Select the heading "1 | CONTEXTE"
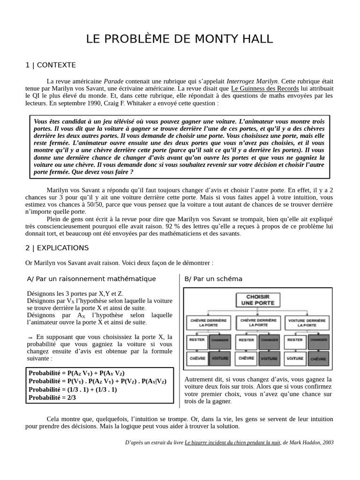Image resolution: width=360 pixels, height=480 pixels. pos(51,65)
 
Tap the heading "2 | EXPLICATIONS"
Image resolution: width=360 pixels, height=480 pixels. pos(57,247)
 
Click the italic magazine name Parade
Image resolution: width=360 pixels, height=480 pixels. pos(113,81)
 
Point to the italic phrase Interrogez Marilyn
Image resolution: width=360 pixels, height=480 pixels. pos(252,81)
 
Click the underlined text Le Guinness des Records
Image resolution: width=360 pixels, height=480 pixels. pos(265,88)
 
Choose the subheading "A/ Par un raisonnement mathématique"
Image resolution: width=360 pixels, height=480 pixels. pos(91,279)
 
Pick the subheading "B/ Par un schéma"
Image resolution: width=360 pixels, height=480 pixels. pos(213,279)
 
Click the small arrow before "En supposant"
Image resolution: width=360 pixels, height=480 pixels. pos(30,337)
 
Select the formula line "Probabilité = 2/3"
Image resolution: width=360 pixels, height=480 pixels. pos(52,397)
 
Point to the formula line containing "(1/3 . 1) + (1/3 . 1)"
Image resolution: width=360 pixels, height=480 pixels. pos(73,390)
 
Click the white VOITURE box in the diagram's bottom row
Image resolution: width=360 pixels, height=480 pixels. pos(295,358)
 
